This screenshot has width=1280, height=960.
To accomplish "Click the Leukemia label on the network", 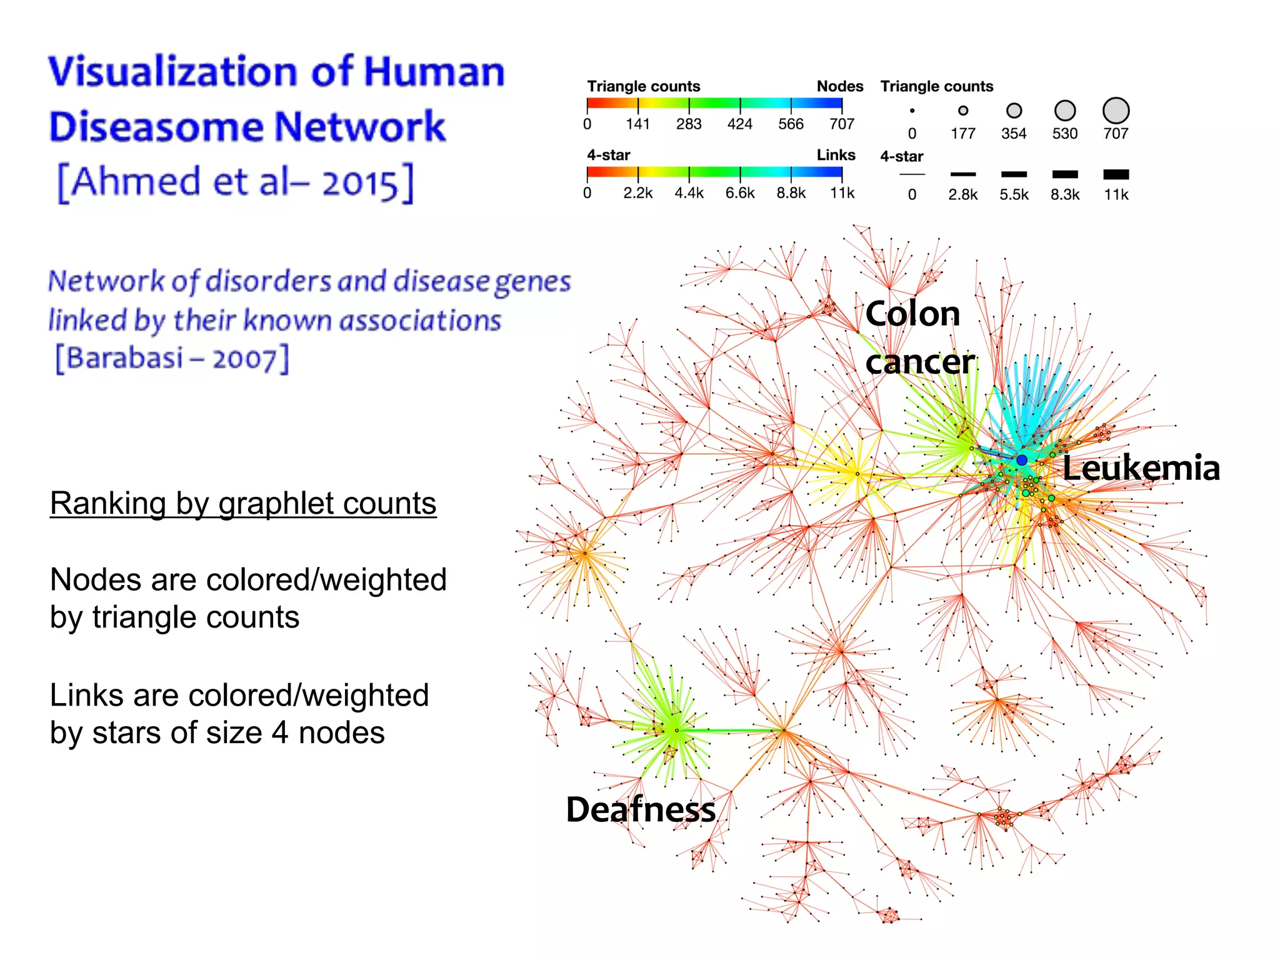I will click(x=1141, y=468).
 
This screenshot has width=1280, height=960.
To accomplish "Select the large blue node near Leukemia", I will click(x=1021, y=460).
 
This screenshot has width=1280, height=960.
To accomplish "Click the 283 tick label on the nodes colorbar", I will click(x=689, y=124).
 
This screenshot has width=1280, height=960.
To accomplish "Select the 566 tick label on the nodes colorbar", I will click(x=791, y=124).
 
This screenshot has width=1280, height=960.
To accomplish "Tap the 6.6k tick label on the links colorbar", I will click(x=740, y=193).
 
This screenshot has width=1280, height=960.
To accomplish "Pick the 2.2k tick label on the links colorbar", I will click(x=637, y=193).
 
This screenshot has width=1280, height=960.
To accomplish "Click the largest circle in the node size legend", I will click(x=1116, y=111).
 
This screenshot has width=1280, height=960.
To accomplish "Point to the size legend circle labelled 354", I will click(x=1014, y=111).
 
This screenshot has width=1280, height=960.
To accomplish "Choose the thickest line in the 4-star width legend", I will click(x=1116, y=174).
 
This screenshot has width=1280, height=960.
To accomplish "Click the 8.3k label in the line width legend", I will click(x=1065, y=194).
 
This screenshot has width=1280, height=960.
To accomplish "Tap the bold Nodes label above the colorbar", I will click(x=840, y=86).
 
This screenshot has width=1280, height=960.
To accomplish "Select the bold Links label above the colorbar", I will click(x=836, y=155).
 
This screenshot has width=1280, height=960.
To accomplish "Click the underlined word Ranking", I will click(x=107, y=504).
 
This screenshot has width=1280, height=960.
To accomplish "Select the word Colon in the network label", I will click(x=912, y=313).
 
